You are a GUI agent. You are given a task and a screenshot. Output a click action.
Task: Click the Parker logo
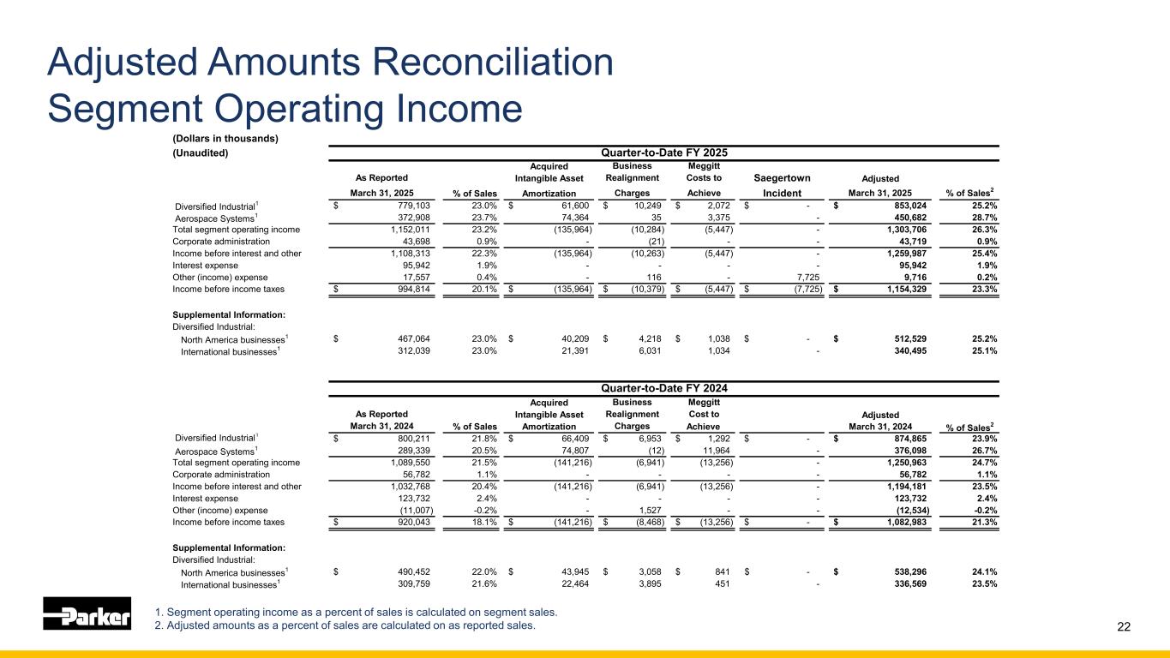pyautogui.click(x=87, y=613)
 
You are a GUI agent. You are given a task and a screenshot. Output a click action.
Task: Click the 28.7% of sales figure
pyautogui.click(x=981, y=218)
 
